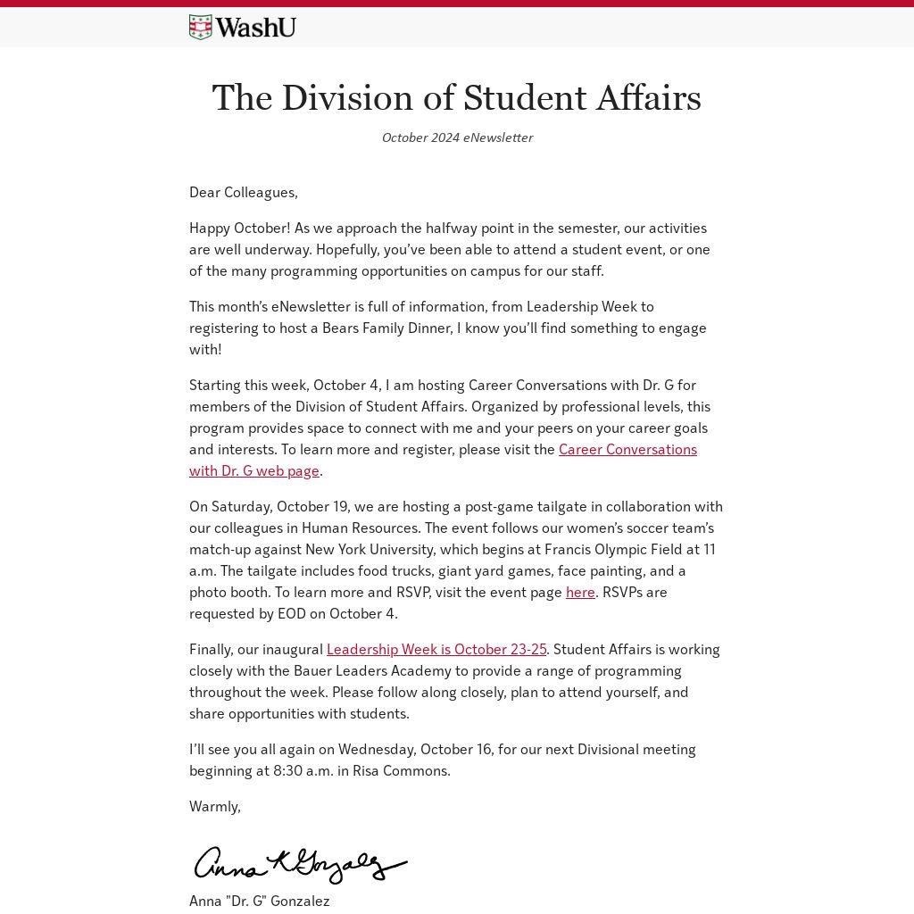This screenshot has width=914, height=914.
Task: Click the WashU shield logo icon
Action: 200,28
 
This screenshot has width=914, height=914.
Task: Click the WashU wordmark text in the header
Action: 255,28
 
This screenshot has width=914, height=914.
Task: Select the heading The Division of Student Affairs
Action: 456,98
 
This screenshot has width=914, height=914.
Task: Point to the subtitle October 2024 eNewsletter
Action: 457,137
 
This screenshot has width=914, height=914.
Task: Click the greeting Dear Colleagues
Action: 243,192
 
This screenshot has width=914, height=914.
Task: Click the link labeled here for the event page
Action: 580,592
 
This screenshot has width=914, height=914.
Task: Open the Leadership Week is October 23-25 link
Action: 436,649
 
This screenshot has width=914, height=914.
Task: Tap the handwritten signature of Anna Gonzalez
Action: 300,864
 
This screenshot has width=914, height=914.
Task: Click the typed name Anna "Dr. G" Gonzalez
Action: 259,901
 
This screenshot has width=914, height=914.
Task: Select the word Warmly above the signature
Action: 214,806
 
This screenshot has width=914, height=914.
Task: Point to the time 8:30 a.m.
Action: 303,770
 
